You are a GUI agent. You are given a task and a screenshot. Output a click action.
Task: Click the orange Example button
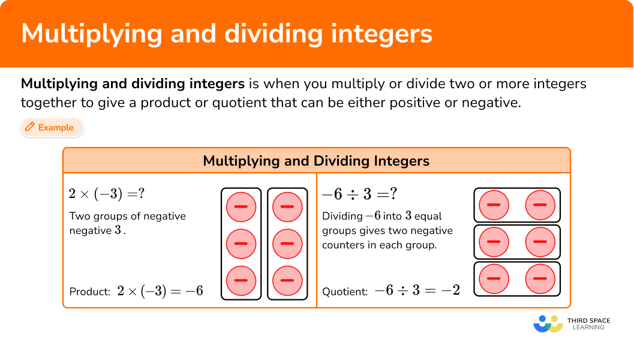pyautogui.click(x=52, y=127)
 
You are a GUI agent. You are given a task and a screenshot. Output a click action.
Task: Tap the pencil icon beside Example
pyautogui.click(x=29, y=127)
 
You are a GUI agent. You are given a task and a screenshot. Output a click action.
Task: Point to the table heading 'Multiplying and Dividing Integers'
pyautogui.click(x=316, y=161)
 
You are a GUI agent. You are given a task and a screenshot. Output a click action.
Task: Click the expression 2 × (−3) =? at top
pyautogui.click(x=107, y=194)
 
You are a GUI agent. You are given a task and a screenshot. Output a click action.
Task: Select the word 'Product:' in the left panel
pyautogui.click(x=90, y=292)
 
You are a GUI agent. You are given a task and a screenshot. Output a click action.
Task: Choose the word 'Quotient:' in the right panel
pyautogui.click(x=345, y=292)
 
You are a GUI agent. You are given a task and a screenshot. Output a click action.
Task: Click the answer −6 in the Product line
pyautogui.click(x=194, y=291)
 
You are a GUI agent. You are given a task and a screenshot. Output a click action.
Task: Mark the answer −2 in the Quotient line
pyautogui.click(x=450, y=291)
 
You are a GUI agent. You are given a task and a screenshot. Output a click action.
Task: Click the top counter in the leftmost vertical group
pyautogui.click(x=241, y=207)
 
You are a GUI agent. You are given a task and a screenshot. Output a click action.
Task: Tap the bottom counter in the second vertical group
pyautogui.click(x=287, y=280)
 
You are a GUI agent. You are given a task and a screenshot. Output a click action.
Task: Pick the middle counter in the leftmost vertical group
pyautogui.click(x=241, y=244)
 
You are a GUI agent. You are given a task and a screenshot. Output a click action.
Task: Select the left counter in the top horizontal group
pyautogui.click(x=494, y=205)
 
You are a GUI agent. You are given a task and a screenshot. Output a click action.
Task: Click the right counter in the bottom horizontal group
pyautogui.click(x=540, y=278)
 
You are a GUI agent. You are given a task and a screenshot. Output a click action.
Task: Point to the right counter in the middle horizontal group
pyautogui.click(x=540, y=242)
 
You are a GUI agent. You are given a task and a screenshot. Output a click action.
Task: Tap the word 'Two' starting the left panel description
pyautogui.click(x=80, y=216)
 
